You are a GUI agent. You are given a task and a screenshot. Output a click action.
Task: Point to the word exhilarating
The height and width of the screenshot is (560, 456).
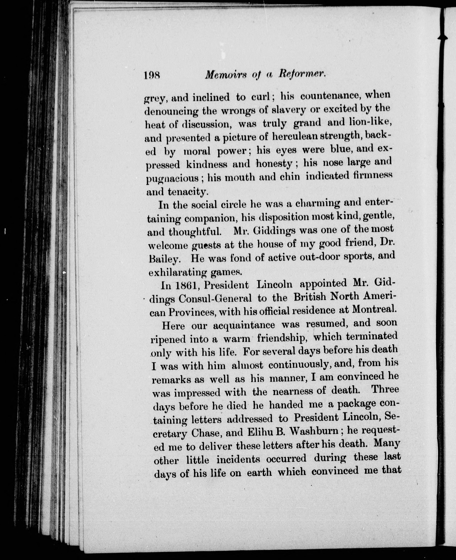(x=178, y=273)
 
